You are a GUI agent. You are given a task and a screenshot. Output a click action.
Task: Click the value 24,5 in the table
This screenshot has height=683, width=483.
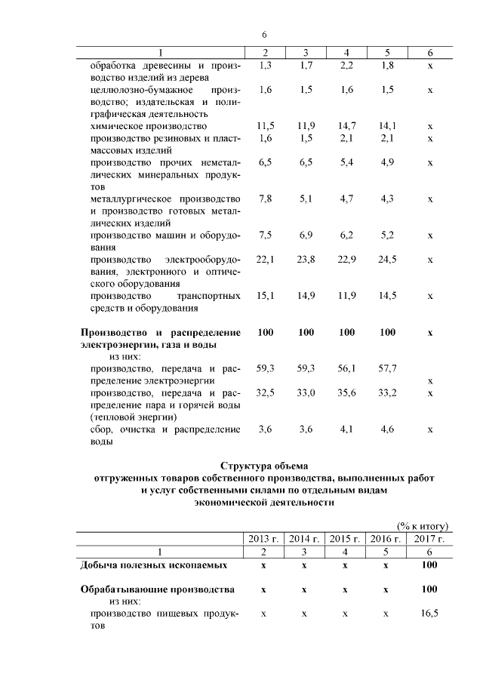pos(388,260)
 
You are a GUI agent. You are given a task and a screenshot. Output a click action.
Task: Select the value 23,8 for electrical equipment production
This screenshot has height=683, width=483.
pos(306,260)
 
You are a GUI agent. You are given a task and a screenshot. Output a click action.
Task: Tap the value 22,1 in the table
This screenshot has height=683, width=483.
pos(265,260)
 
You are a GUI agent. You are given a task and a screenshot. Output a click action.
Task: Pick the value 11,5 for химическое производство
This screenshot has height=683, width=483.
pos(265,126)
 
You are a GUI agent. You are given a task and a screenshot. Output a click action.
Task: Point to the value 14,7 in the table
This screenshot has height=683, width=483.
pos(346,126)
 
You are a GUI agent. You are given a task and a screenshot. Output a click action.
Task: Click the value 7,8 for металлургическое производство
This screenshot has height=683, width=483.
pos(265,198)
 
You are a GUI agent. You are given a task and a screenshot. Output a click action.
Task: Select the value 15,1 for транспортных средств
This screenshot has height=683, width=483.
pos(265,296)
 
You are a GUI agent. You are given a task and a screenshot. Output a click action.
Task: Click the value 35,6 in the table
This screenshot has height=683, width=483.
pos(346,392)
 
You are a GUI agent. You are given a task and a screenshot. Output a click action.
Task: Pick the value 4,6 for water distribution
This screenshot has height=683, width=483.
pos(388,429)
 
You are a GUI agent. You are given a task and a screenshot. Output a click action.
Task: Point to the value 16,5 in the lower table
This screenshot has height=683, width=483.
pos(429,615)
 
